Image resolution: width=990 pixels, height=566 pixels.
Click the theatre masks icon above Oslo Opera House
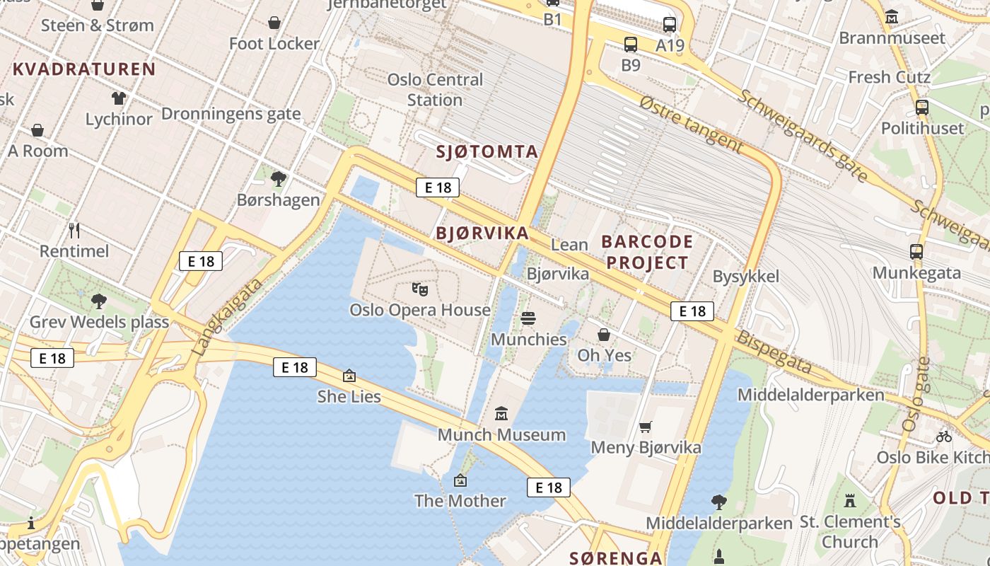click(x=420, y=289)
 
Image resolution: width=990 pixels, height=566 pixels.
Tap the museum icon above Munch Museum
click(x=501, y=413)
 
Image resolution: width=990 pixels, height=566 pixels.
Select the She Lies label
click(x=349, y=396)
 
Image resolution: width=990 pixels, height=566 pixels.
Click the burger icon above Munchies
click(x=528, y=318)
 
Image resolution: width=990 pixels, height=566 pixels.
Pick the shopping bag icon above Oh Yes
click(x=604, y=334)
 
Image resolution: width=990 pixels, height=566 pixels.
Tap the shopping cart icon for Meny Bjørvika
click(x=645, y=427)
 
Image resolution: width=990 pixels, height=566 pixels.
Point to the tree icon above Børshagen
click(x=279, y=178)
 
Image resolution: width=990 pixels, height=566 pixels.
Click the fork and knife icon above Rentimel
click(x=74, y=230)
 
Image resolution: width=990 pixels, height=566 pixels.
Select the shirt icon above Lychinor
click(x=118, y=98)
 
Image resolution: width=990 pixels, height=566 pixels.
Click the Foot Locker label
click(x=274, y=44)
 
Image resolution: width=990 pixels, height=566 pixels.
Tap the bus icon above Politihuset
click(x=922, y=108)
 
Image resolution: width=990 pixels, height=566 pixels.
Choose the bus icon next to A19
click(x=670, y=25)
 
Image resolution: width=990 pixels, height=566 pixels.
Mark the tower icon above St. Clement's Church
click(x=850, y=501)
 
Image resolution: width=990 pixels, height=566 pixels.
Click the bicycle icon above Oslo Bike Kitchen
click(x=943, y=437)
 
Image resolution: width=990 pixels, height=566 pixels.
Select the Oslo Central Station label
click(x=435, y=90)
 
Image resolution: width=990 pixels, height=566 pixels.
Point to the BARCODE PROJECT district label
click(x=645, y=252)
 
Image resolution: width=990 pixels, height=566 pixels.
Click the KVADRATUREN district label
click(x=84, y=69)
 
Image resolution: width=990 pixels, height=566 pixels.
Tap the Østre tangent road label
click(x=690, y=125)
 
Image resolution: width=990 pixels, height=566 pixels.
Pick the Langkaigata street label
click(x=227, y=316)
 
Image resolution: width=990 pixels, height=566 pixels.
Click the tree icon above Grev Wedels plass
click(x=98, y=301)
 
